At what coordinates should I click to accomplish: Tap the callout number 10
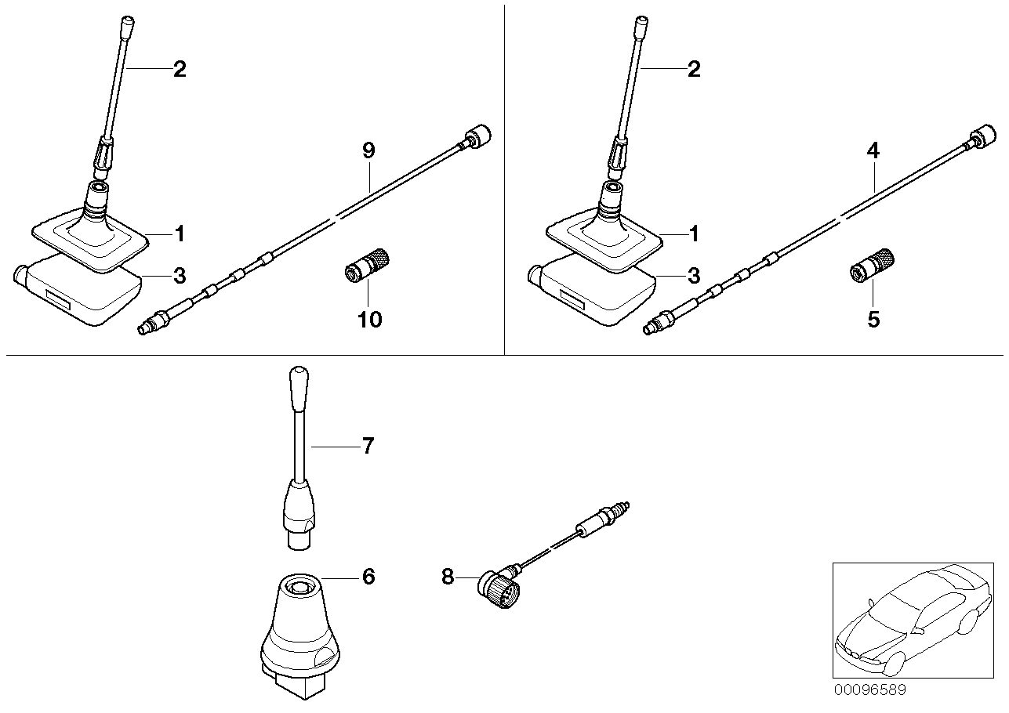click(x=370, y=320)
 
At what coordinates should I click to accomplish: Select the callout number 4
click(x=873, y=151)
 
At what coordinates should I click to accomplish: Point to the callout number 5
click(x=873, y=320)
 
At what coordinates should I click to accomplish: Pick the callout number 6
click(x=368, y=577)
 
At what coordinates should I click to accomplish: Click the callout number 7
click(x=368, y=447)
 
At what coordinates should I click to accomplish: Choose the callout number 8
click(x=448, y=577)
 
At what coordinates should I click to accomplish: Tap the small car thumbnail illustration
click(x=909, y=619)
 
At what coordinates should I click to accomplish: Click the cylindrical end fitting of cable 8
click(x=604, y=519)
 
